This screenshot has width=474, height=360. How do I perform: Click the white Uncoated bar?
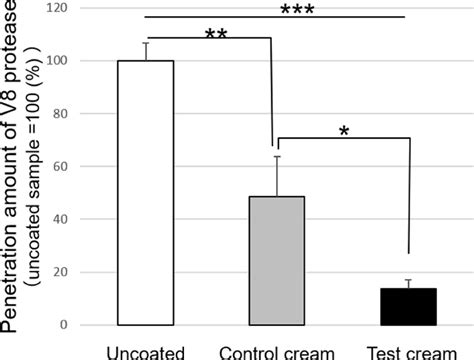[x=146, y=193]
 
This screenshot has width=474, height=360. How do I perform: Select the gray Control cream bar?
[x=277, y=261]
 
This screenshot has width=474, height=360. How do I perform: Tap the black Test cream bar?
[x=409, y=307]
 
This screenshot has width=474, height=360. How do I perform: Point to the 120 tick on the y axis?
[x=57, y=8]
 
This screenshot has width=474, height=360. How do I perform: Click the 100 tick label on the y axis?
[x=57, y=61]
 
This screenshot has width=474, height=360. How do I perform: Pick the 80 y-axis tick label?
[x=60, y=113]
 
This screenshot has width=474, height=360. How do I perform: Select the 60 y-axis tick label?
[x=60, y=166]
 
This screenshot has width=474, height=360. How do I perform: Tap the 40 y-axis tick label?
[x=60, y=219]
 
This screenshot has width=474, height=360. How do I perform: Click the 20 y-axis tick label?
[x=60, y=272]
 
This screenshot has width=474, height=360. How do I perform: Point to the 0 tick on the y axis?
[x=64, y=325]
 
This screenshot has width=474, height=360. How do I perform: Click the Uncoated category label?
[x=146, y=353]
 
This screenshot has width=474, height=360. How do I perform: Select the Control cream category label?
[x=277, y=353]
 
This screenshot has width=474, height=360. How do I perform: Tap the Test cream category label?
[x=411, y=353]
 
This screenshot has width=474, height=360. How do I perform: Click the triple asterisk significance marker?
[x=297, y=10]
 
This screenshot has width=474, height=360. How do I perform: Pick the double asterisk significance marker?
[x=216, y=34]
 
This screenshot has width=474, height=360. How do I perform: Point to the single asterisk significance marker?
[x=344, y=131]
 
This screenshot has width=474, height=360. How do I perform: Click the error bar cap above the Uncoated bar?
[x=146, y=43]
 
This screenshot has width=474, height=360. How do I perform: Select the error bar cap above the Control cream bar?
[x=277, y=156]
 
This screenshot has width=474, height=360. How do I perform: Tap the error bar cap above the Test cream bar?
[x=409, y=280]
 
